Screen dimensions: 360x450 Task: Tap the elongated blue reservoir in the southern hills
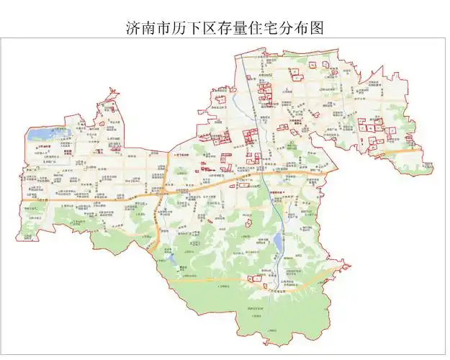click(x=276, y=241)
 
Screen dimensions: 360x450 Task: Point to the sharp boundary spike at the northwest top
click(x=111, y=91)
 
